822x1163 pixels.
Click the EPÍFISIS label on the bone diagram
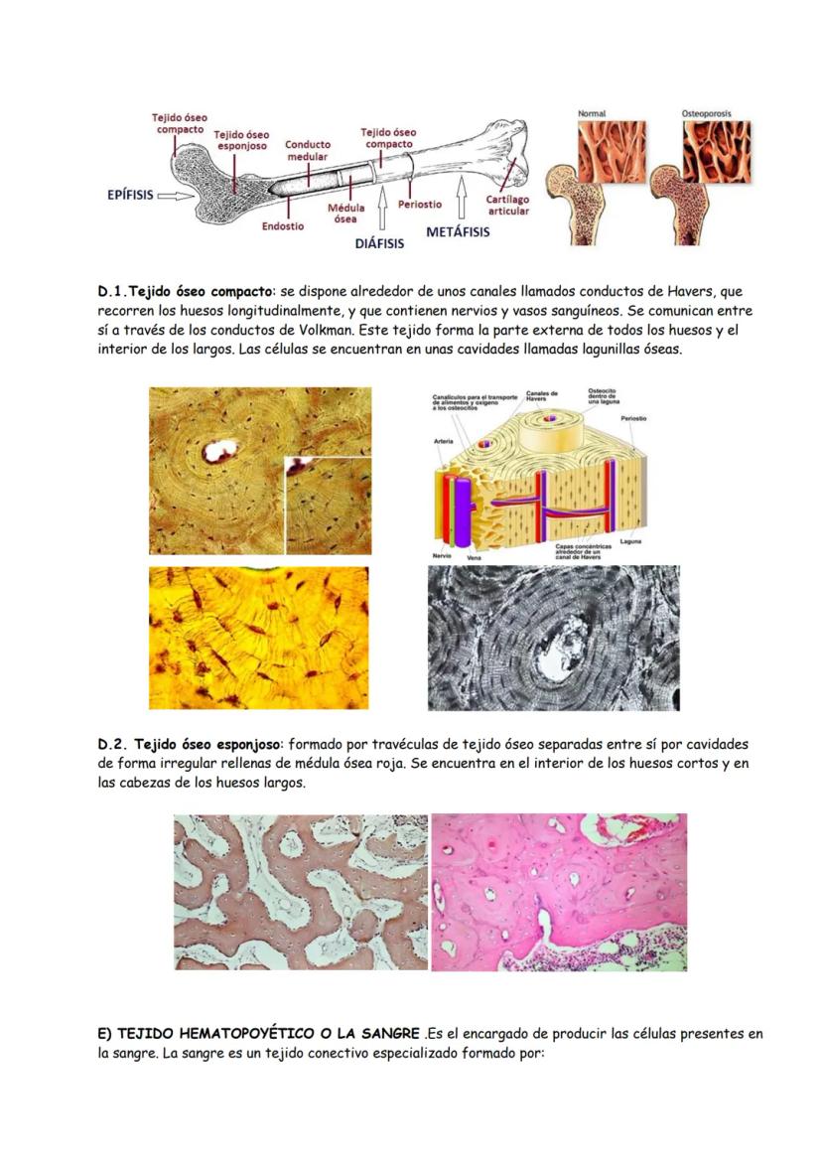(130, 195)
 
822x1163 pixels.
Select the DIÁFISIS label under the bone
(379, 242)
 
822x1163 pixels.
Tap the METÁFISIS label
(458, 231)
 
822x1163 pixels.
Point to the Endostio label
(283, 225)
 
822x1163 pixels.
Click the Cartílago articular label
(507, 205)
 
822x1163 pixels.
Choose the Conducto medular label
(308, 151)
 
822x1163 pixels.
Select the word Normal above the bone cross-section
(592, 114)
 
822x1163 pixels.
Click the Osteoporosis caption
(706, 114)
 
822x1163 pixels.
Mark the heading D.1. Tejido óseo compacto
(181, 292)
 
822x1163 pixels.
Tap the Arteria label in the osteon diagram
(444, 441)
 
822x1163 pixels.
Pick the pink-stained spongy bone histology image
(559, 892)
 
